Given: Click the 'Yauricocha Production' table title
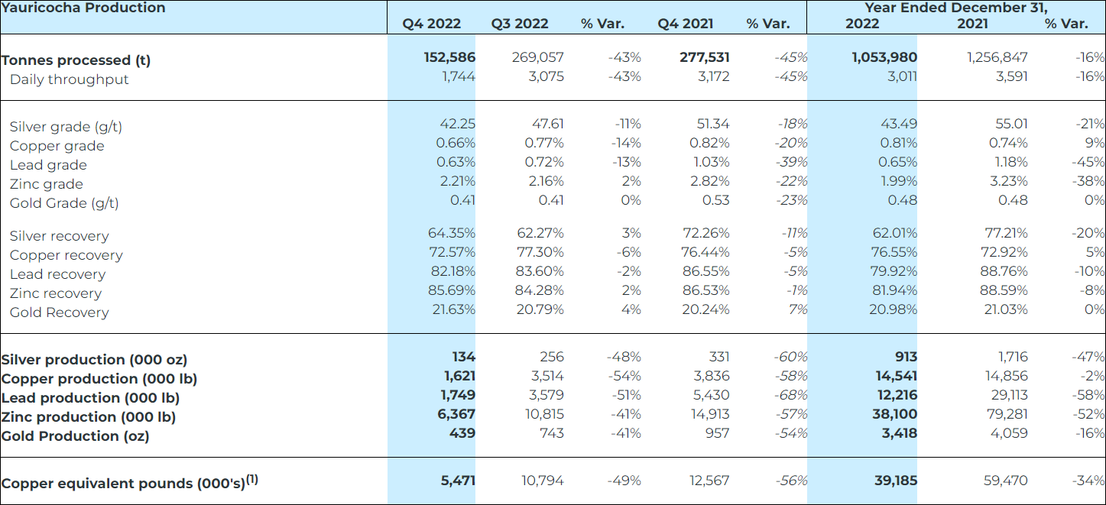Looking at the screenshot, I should (83, 8).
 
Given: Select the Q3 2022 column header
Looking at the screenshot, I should (520, 24).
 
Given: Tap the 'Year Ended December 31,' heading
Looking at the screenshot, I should (955, 8).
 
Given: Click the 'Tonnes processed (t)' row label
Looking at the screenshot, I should (76, 60).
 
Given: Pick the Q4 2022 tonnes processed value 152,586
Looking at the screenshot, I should (449, 57).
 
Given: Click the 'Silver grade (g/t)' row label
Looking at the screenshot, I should (66, 127).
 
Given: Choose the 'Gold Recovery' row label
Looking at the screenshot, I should (59, 312).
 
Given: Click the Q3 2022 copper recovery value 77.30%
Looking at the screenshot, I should (540, 252).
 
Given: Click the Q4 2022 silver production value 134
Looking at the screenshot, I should (463, 357).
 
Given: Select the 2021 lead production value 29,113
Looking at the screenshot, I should (1008, 395).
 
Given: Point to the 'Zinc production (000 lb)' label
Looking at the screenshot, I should (89, 417).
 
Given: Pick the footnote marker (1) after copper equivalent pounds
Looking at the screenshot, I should (251, 480).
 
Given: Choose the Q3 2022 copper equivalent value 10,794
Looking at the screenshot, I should (543, 481).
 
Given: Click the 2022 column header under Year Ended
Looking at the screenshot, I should (862, 24).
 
